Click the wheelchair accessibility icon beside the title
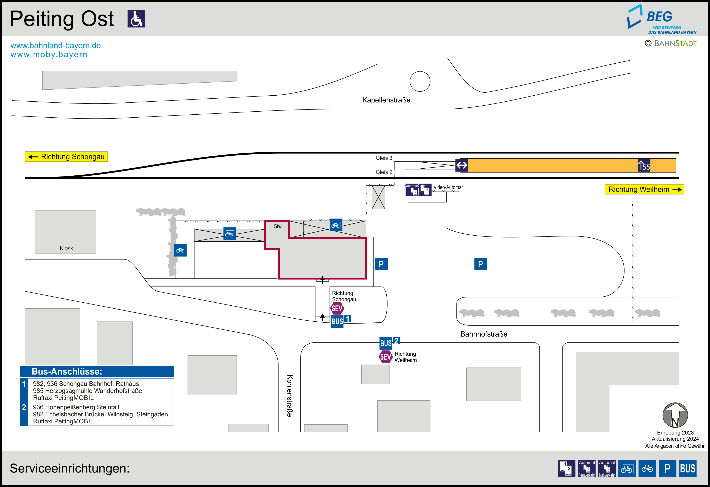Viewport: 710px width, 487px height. (136, 19)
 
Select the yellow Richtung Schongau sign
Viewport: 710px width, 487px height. (66, 157)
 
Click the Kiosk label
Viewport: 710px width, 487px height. (66, 248)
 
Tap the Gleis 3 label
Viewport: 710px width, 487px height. (384, 158)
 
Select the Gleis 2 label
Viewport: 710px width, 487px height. (384, 172)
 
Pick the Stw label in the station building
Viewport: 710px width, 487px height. (277, 226)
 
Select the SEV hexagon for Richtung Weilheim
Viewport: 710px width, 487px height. (386, 357)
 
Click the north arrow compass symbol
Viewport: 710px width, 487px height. (675, 415)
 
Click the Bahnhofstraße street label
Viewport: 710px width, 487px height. (484, 334)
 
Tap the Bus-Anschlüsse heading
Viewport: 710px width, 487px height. (67, 371)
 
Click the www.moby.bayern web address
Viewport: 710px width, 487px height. (49, 55)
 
